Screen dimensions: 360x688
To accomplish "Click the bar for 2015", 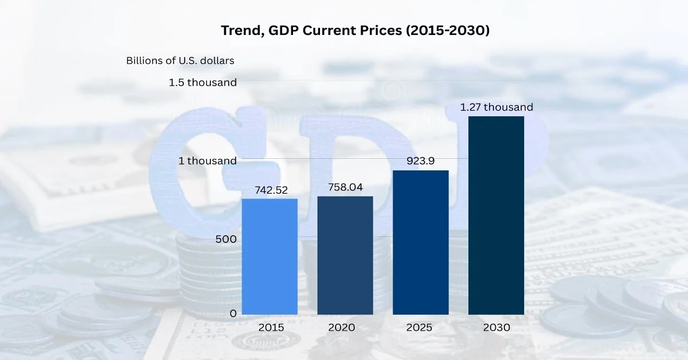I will [269, 257].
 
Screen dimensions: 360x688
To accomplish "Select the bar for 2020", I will [345, 256].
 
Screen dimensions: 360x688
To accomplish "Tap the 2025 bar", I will [421, 242].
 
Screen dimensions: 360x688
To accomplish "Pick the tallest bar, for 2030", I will [497, 216].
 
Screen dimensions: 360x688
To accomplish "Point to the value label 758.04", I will [345, 187].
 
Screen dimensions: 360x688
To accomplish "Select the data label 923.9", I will [421, 161].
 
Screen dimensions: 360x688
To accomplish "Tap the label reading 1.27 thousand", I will [497, 107].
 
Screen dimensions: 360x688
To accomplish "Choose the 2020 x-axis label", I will [345, 328].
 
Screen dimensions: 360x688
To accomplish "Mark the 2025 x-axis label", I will [421, 328].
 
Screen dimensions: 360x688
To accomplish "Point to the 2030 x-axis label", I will [497, 328].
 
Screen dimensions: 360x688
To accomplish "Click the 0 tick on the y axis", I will [233, 314].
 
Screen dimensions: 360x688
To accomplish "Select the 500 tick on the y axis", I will [226, 238].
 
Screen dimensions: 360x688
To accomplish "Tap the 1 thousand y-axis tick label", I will [208, 161].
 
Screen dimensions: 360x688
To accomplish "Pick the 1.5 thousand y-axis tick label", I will [202, 83].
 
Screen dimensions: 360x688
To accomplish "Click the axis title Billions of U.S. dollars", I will [180, 60].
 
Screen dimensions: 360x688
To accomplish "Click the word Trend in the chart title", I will [239, 31].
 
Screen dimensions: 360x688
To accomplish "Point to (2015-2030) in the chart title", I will [447, 31].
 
